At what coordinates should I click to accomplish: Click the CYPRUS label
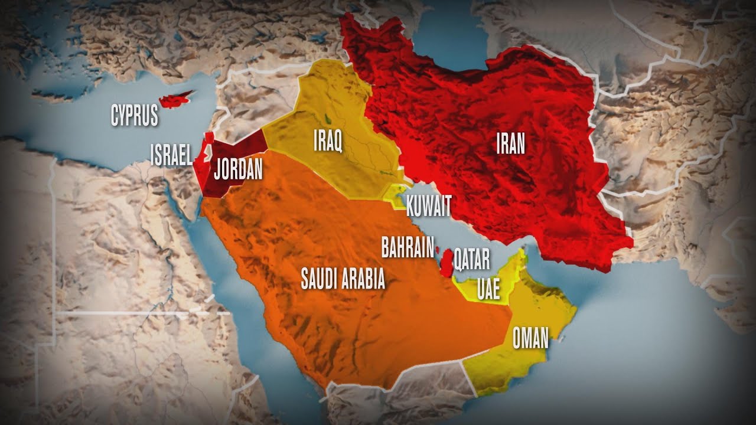tap(135, 115)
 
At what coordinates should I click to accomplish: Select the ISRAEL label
tap(171, 156)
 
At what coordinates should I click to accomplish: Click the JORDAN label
tap(237, 169)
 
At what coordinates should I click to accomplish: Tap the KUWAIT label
tap(429, 206)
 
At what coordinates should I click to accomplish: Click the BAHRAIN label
tap(408, 248)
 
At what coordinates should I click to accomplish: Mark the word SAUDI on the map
tap(322, 279)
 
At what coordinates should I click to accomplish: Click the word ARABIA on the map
tap(366, 279)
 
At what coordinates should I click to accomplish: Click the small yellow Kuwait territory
tap(393, 194)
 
